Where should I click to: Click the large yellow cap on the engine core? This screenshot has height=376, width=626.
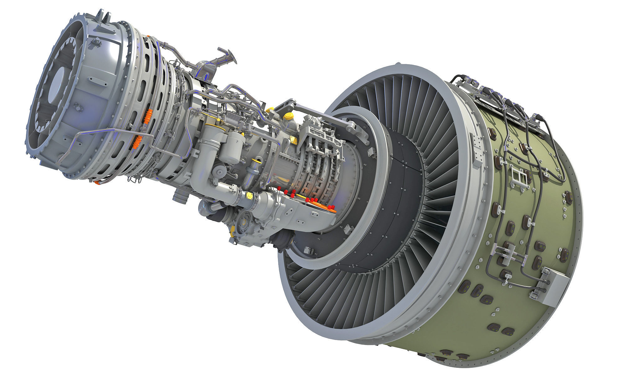287,117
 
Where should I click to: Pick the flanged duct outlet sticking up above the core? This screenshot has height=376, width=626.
226,56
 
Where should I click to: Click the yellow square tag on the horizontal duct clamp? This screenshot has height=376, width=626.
250,196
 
